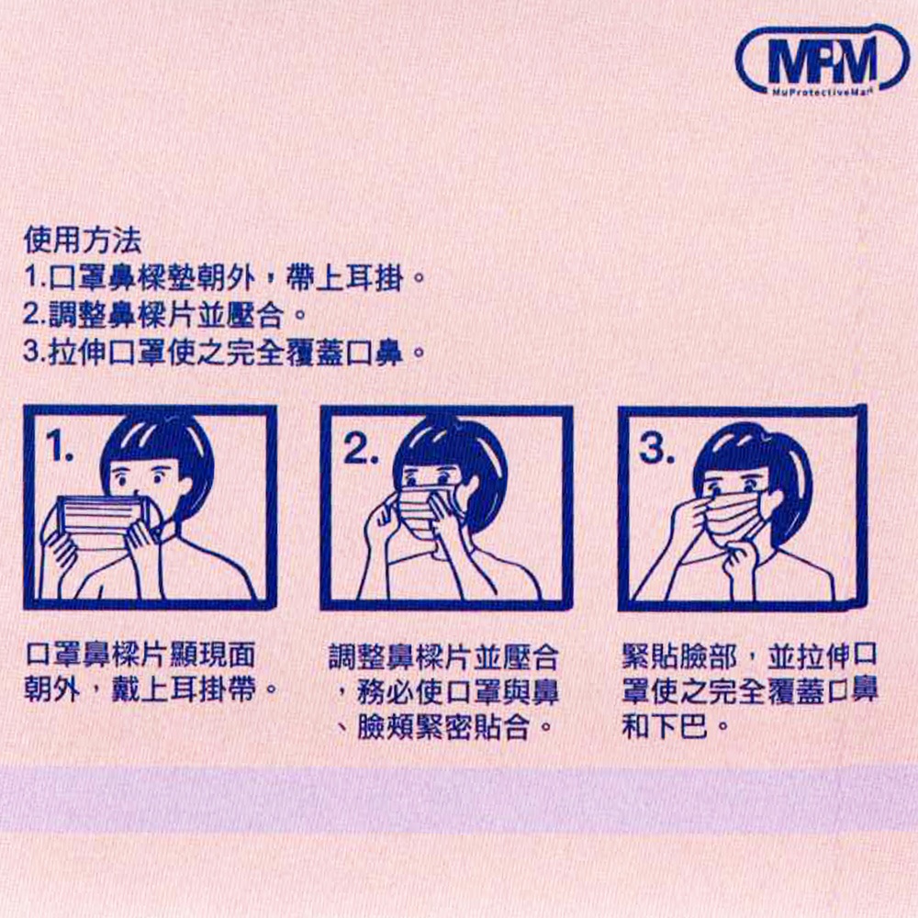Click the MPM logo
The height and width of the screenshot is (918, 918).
[x=822, y=61]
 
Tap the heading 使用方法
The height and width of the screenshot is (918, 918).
[x=83, y=240]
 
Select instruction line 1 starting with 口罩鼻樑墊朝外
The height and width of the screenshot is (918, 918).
[x=224, y=278]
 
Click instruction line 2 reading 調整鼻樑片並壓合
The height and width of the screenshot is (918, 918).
[x=164, y=316]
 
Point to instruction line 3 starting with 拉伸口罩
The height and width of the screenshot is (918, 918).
[x=224, y=353]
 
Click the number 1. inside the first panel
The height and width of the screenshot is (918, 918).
[x=61, y=446]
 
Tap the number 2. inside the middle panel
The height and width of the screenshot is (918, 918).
[x=360, y=449]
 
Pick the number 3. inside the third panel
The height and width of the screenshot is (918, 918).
[x=657, y=449]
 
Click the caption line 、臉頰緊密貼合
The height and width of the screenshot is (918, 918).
[x=445, y=728]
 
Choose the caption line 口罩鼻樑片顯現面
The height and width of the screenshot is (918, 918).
[x=140, y=655]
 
